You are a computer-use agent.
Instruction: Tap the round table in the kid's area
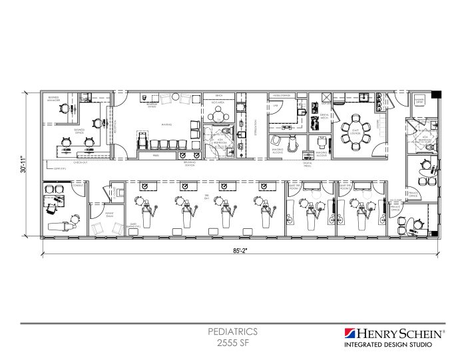(220, 114)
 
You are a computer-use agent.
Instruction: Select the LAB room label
(274, 105)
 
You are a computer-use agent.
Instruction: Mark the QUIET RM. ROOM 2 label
(346, 188)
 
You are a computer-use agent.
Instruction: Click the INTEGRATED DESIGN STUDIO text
(387, 345)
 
